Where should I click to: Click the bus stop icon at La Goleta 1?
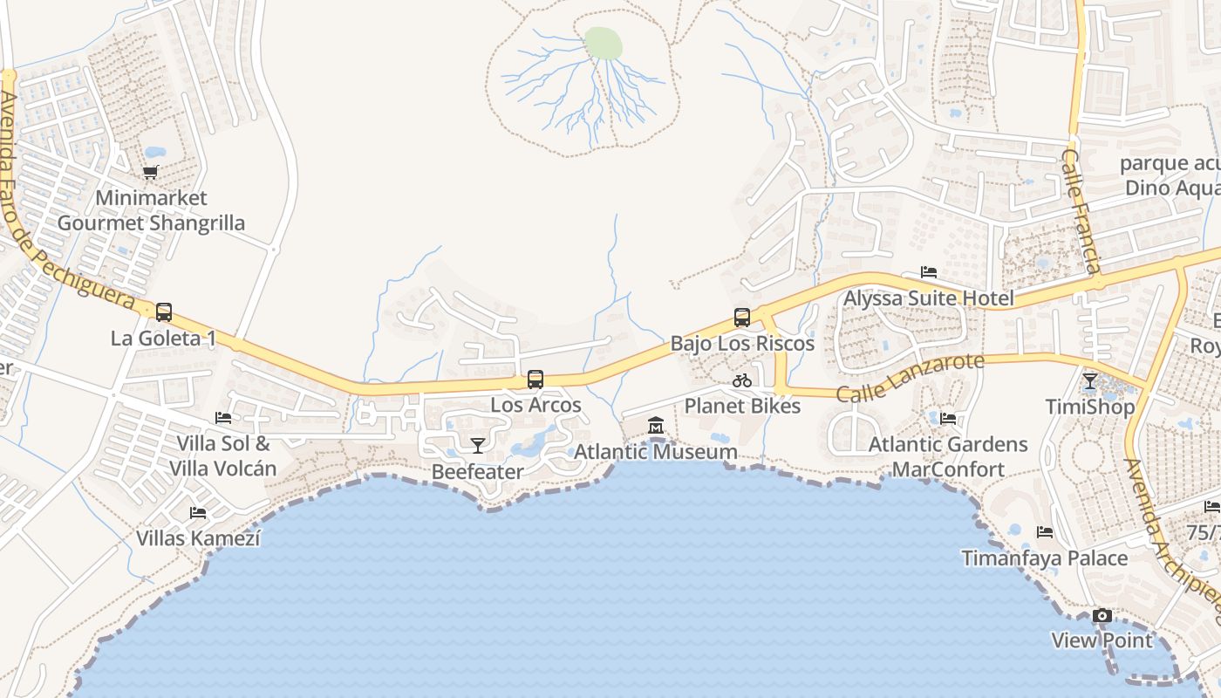[163, 311]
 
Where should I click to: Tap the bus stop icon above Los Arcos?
[535, 380]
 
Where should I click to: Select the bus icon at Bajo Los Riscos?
[742, 318]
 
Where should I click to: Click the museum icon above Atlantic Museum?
[656, 426]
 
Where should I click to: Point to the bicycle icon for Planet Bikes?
[742, 380]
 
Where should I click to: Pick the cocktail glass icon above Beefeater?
[477, 446]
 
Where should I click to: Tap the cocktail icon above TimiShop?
[1089, 381]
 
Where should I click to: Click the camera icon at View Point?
[1102, 616]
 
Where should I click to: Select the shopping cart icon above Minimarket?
[151, 173]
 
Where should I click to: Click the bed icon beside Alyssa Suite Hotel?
[929, 273]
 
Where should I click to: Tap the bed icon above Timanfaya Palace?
[1045, 532]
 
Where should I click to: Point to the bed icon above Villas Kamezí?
[198, 513]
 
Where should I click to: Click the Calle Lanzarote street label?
[910, 377]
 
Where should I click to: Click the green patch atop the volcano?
[604, 43]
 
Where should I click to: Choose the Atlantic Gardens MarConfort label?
[948, 457]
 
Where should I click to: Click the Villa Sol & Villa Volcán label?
[222, 456]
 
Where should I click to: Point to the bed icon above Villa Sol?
[223, 418]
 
